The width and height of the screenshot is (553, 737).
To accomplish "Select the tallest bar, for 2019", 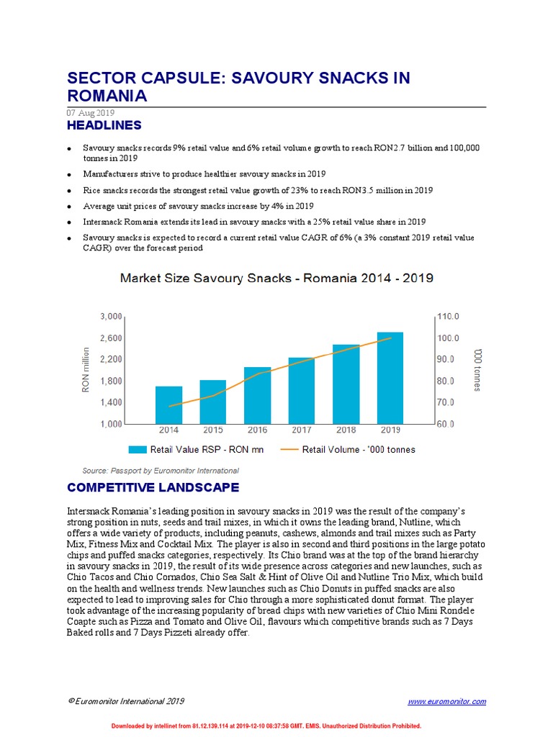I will [x=390, y=378].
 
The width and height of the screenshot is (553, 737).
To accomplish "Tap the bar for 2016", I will [x=257, y=395].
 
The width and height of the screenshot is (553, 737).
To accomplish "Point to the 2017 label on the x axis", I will [x=301, y=430].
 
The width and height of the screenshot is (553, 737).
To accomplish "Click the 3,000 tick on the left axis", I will [x=111, y=317].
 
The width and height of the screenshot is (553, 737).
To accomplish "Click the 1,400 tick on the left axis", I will [x=111, y=402].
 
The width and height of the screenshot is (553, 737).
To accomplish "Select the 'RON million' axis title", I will [x=85, y=370].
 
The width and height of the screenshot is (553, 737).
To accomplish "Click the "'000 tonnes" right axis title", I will [x=476, y=370].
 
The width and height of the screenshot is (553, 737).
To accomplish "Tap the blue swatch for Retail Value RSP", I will [x=137, y=450].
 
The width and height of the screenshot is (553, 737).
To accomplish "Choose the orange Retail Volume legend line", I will [x=289, y=450].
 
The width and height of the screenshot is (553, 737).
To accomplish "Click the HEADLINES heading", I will [x=104, y=125].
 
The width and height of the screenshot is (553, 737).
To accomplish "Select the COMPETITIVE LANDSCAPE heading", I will [x=153, y=488].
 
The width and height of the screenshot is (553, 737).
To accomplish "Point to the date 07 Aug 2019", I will [x=90, y=113].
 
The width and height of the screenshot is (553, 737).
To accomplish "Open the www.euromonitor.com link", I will [x=446, y=701].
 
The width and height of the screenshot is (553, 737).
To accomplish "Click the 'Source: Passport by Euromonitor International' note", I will [x=161, y=471].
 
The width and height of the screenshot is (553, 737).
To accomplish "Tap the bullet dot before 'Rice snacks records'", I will [x=68, y=191].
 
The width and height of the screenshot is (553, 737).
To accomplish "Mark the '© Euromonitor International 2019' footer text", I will [x=126, y=701].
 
